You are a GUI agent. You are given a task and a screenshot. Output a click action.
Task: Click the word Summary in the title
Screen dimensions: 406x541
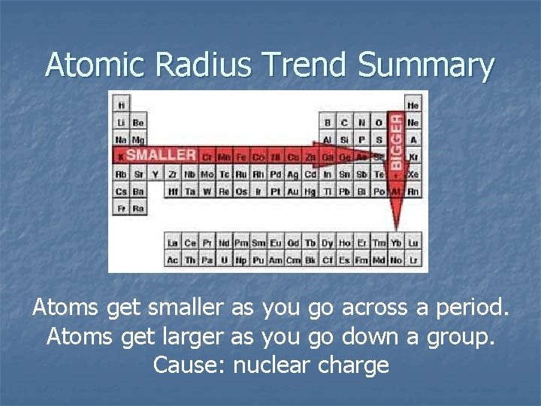point(426,66)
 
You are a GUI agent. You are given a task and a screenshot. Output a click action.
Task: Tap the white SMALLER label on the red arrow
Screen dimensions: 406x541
point(161,155)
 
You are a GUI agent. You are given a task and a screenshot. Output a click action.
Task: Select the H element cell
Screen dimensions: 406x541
point(121,105)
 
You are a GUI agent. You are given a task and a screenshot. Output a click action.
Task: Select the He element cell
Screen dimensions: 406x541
point(413,105)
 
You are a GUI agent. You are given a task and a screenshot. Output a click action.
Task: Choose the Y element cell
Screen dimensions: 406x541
point(155,174)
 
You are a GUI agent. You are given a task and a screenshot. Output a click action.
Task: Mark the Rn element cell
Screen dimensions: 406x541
point(413,192)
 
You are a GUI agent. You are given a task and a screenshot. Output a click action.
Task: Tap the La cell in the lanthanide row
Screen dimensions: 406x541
point(173,243)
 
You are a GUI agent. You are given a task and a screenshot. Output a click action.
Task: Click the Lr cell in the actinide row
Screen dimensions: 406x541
point(413,260)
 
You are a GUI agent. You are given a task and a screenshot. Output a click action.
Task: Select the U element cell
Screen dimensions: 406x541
point(224,260)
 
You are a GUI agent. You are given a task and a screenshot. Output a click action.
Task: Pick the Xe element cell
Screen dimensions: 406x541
point(413,174)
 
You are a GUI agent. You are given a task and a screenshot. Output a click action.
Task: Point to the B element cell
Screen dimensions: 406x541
point(327,123)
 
